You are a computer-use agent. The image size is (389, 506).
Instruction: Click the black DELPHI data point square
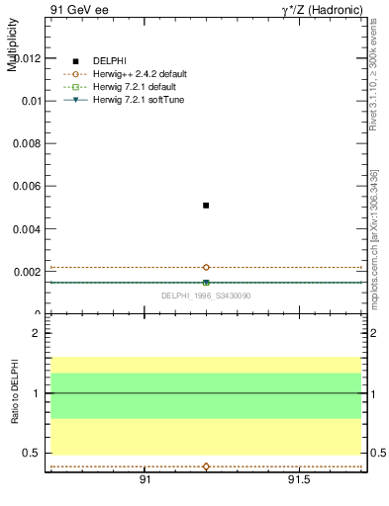[206, 206]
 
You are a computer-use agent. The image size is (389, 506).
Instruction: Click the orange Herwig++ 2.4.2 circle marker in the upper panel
[206, 267]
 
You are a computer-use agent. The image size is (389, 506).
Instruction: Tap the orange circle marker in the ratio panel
[206, 466]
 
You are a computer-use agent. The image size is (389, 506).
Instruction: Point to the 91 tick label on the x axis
[145, 479]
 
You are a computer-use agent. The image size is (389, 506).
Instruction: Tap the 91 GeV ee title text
[79, 9]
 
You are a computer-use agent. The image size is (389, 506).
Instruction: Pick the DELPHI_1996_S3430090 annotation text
[206, 295]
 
